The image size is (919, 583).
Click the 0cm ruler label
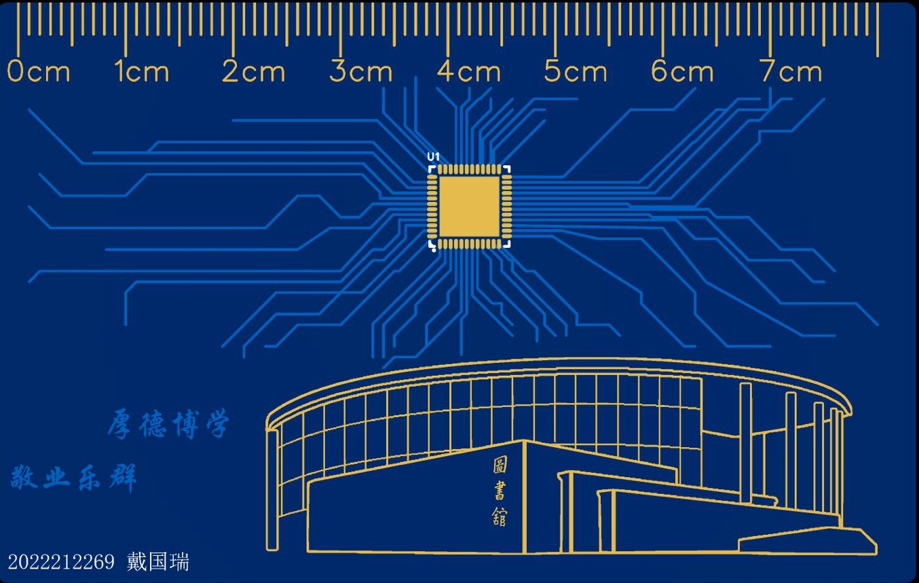pyautogui.click(x=39, y=72)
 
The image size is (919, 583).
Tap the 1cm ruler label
pyautogui.click(x=142, y=72)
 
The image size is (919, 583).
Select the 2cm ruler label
pyautogui.click(x=254, y=72)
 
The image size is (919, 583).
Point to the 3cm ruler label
pyautogui.click(x=361, y=72)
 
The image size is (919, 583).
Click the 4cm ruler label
pyautogui.click(x=469, y=72)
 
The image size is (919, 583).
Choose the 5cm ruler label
pyautogui.click(x=576, y=72)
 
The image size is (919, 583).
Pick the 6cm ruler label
pyautogui.click(x=683, y=72)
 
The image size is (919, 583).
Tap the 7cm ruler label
pyautogui.click(x=791, y=72)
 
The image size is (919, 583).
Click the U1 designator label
pyautogui.click(x=433, y=157)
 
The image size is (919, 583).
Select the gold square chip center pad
pyautogui.click(x=469, y=207)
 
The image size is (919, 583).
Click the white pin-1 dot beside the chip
pyautogui.click(x=433, y=249)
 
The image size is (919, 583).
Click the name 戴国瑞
pyautogui.click(x=158, y=562)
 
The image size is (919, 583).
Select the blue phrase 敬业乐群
pyautogui.click(x=74, y=478)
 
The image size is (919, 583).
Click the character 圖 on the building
pyautogui.click(x=500, y=466)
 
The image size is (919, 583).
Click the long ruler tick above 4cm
pyautogui.click(x=447, y=31)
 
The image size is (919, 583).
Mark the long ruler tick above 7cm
pyautogui.click(x=770, y=31)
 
